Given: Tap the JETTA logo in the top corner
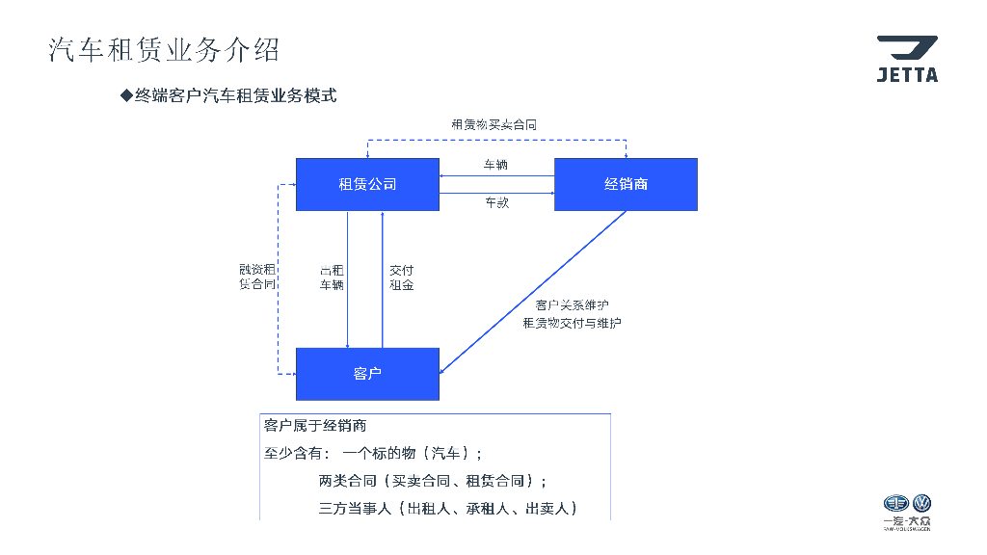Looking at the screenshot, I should [906, 59].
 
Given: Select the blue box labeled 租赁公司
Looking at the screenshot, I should [367, 184].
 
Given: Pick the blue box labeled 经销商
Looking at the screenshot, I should [626, 184].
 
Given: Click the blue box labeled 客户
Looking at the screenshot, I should [367, 374].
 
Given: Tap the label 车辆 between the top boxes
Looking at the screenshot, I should [495, 165].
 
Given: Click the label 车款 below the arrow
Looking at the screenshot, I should [496, 202].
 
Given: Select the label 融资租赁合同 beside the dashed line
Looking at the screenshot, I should [257, 277].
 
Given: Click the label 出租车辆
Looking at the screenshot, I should [332, 277].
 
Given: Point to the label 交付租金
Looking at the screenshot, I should [401, 277].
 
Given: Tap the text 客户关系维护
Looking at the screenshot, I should [572, 304].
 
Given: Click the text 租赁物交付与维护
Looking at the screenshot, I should [572, 323].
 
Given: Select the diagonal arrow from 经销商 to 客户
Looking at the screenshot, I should [533, 291].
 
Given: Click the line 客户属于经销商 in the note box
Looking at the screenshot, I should [315, 426].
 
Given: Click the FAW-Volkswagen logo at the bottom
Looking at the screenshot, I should [907, 512].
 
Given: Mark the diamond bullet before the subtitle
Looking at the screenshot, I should [125, 95].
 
